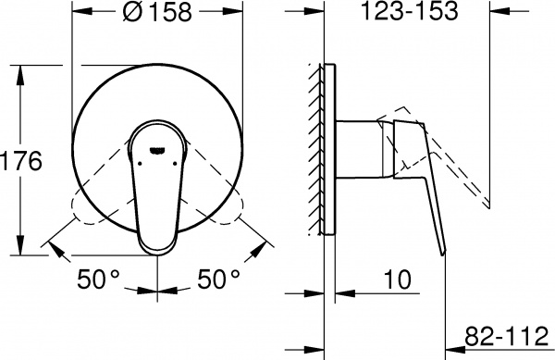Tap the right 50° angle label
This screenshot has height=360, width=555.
click(x=219, y=277)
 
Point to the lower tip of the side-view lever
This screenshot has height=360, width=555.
click(x=445, y=252)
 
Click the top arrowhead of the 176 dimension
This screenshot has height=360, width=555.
click(x=21, y=70)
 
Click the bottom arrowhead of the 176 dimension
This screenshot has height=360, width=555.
click(x=21, y=251)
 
